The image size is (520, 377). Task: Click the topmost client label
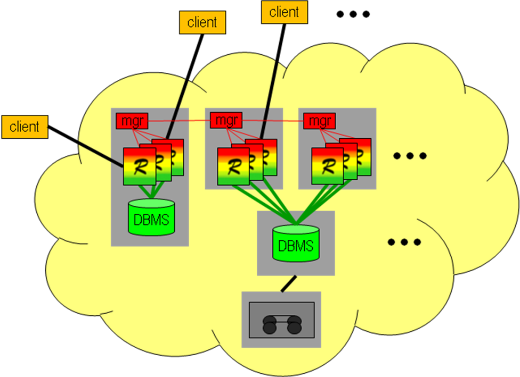284,12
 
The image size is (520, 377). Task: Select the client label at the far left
25,127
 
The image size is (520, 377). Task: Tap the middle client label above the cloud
202,22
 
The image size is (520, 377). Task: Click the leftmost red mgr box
132,121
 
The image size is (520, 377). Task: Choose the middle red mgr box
226,120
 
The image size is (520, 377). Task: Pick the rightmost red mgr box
320,121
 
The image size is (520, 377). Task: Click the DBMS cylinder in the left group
152,217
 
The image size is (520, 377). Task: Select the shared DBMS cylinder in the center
296,243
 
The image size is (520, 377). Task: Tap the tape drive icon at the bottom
281,319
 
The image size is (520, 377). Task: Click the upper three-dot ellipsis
410,156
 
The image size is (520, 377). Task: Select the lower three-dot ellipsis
404,242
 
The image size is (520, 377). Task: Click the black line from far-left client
101,151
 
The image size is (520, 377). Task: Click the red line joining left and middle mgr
178,121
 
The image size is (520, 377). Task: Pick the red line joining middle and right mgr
273,121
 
